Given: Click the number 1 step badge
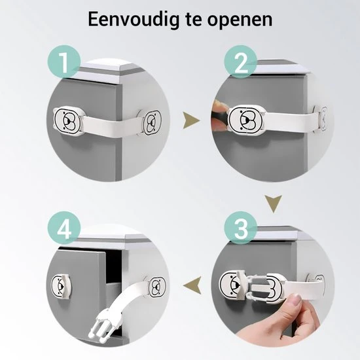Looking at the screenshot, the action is pos(64,62).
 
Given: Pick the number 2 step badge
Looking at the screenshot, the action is pos(241,62).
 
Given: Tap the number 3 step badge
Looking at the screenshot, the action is pos(241,228).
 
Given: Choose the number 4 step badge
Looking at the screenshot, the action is pos(64,228).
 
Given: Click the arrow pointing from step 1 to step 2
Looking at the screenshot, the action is pos(191,120).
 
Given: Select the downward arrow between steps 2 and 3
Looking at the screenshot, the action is pos(273,204).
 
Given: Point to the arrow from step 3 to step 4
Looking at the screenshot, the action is pos(192,285).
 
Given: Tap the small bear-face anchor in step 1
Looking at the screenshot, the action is pos(151,122).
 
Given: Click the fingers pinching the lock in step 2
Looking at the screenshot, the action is pos(220,115).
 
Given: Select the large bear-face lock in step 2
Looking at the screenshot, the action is pos(246,119).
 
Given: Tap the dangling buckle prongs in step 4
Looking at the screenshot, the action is pos(101,323).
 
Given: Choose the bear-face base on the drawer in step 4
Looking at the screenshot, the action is pos(62,286).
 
